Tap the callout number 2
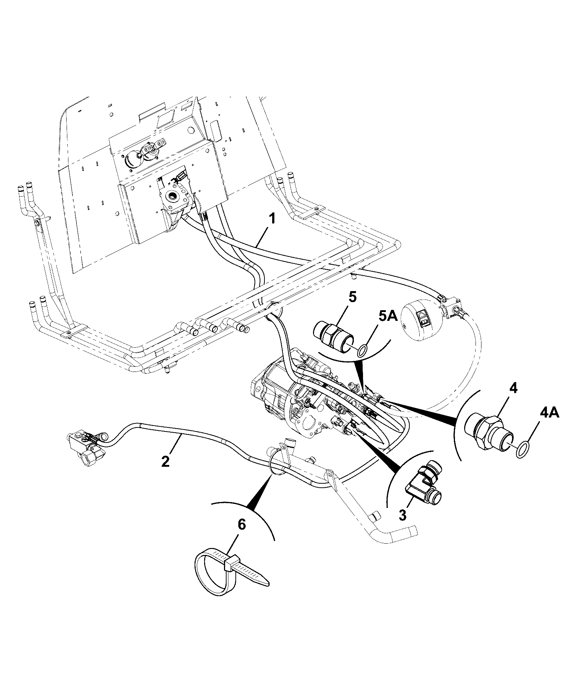(166, 461)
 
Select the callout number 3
(403, 515)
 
